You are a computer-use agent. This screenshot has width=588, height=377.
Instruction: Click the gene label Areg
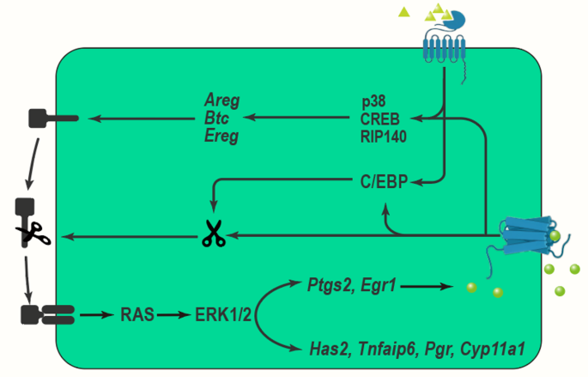pyautogui.click(x=221, y=100)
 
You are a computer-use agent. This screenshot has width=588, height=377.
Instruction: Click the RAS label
pyautogui.click(x=137, y=315)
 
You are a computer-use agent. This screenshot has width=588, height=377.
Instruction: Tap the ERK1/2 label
pyautogui.click(x=223, y=315)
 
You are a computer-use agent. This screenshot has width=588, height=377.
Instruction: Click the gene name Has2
pyautogui.click(x=327, y=350)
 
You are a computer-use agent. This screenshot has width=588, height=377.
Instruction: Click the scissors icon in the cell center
pyautogui.click(x=212, y=234)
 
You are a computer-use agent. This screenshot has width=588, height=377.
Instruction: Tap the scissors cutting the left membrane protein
pyautogui.click(x=35, y=232)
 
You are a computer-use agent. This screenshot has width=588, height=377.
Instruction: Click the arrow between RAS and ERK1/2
pyautogui.click(x=175, y=315)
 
